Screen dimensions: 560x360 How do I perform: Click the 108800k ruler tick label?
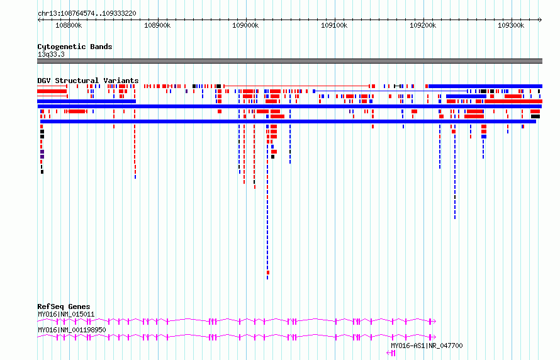(69, 25)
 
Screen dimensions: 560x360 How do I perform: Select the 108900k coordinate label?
(157, 25)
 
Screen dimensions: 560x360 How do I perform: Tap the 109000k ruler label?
(246, 25)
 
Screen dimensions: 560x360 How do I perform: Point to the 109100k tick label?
(334, 25)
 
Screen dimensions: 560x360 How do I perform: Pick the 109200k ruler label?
(423, 25)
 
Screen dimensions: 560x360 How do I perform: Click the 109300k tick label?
(511, 25)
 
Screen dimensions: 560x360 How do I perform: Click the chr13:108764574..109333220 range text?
(87, 14)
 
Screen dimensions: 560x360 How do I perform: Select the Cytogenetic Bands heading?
(75, 47)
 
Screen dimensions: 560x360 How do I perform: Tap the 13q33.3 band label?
(51, 54)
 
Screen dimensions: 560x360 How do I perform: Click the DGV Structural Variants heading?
(88, 81)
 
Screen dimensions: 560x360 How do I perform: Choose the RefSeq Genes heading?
(64, 307)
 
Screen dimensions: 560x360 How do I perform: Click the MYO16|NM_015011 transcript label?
(66, 314)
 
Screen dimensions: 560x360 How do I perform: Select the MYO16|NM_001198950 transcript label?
(72, 330)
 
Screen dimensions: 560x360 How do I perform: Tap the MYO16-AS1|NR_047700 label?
(427, 346)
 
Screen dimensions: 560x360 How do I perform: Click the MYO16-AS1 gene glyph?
(391, 353)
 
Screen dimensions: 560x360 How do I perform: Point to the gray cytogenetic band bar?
(289, 61)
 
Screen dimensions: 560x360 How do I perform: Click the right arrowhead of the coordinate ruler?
(540, 20)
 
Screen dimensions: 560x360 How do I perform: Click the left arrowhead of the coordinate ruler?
(39, 20)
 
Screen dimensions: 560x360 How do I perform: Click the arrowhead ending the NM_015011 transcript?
(434, 322)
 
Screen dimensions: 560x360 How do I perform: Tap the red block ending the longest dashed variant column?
(268, 273)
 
